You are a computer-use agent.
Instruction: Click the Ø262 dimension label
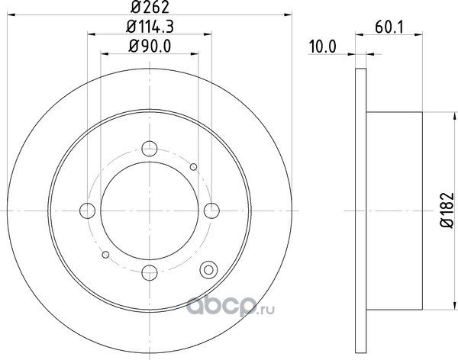point(150,8)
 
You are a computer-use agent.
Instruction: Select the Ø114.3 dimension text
point(150,27)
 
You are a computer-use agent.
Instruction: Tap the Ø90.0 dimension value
point(150,47)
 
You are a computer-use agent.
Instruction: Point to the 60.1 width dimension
point(389,27)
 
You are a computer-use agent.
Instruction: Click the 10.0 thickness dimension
point(322,47)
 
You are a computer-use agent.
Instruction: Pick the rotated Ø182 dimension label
point(447,211)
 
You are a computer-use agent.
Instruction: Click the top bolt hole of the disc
point(150,149)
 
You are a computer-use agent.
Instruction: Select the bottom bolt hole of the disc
point(150,272)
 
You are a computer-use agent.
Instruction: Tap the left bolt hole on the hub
point(87,211)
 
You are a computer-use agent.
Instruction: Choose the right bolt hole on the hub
point(211,211)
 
